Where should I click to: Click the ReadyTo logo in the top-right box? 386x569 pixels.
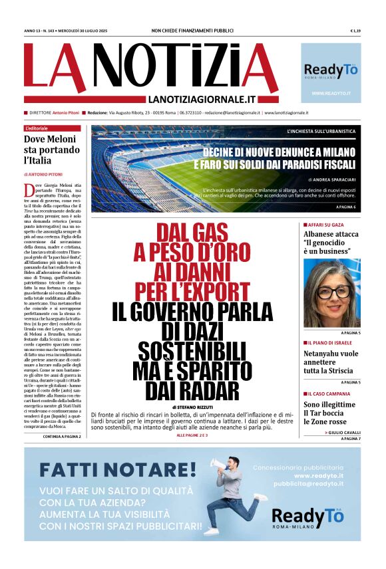pyautogui.click(x=331, y=70)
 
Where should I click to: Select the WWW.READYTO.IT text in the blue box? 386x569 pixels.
pyautogui.click(x=331, y=93)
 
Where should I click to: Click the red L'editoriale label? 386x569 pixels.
pyautogui.click(x=38, y=128)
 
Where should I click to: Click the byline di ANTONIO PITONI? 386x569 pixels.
pyautogui.click(x=45, y=174)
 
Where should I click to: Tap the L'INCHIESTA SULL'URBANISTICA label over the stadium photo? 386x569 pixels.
pyautogui.click(x=321, y=131)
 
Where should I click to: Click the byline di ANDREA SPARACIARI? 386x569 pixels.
pyautogui.click(x=331, y=179)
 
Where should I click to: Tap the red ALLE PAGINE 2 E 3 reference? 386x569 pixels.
pyautogui.click(x=192, y=435)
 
